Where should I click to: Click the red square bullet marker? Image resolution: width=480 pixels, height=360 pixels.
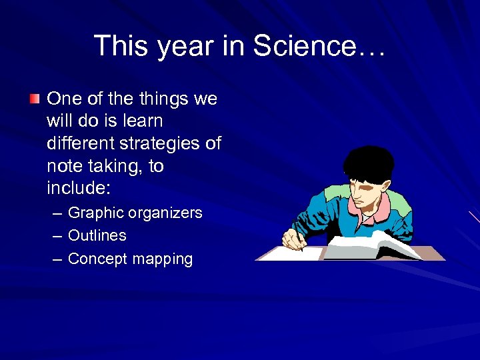(35, 99)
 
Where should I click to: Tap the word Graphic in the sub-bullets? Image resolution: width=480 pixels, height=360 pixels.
(96, 213)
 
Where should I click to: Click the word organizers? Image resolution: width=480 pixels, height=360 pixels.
(165, 213)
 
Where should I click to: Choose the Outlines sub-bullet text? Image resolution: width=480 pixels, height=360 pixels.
(97, 235)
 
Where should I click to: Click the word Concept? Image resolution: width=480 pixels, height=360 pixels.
(97, 259)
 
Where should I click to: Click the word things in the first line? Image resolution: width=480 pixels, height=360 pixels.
(164, 99)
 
